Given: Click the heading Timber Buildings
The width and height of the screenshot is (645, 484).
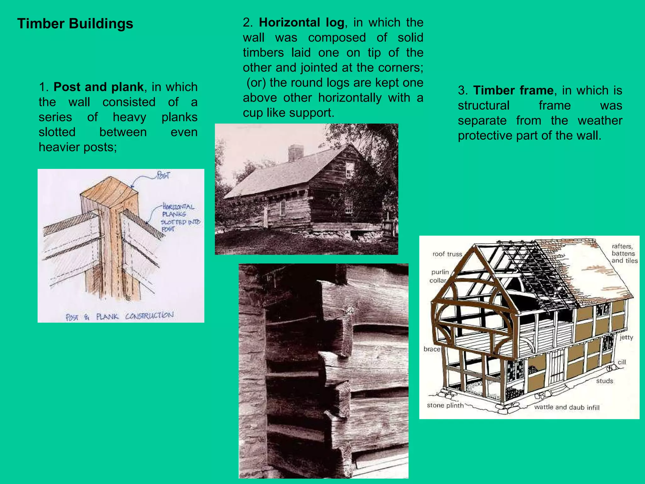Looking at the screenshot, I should pos(75,24).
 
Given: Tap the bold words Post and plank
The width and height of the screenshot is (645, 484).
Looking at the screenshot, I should pos(98,87).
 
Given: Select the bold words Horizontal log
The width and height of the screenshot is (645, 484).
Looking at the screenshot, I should pos(301,22).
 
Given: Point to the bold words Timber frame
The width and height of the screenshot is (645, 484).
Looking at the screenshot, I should pos(513,90).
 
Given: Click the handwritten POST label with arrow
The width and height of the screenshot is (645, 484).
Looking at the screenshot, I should pos(163,175).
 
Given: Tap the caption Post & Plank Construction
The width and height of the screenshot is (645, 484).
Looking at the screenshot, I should pos(119,316).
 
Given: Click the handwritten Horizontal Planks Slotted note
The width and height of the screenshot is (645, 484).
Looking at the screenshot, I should pos(180,217).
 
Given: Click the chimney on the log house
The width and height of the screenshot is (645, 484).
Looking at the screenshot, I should pos(296,153).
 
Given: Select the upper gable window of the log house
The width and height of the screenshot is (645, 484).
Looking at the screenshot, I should pos(350,170).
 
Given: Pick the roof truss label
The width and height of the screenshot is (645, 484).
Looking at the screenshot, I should pos(447,254).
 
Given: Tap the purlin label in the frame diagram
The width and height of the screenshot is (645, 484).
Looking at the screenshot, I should pos(440,272).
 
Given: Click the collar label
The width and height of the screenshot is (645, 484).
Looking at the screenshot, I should pos(438,280).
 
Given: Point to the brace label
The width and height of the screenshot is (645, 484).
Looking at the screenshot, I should pos(431,349).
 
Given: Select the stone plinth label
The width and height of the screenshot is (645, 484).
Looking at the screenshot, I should pos(445,405).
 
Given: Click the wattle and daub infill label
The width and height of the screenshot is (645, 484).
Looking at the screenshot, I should pos(567,407).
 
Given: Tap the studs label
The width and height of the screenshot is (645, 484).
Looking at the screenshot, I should pos(604,381).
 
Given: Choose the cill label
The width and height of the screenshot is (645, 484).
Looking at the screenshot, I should pos(621,362).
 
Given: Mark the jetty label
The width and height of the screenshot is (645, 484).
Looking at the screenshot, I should pos(626,337).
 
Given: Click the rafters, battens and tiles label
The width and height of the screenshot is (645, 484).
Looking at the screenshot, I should pos(624,253).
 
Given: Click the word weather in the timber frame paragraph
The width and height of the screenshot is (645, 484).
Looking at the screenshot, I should pos(600,121).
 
